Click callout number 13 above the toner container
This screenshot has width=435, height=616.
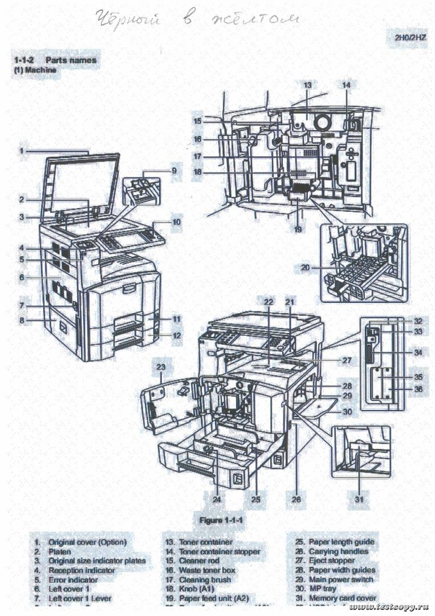(307, 85)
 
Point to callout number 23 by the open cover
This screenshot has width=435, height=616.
(161, 367)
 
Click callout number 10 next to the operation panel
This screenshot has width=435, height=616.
(177, 221)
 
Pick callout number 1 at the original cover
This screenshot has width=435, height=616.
(21, 151)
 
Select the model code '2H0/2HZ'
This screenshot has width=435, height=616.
(410, 38)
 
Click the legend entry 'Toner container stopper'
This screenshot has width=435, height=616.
(219, 552)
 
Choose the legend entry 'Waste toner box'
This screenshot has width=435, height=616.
(207, 570)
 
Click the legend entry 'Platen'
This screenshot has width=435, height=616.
(60, 552)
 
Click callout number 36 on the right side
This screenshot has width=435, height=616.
(418, 389)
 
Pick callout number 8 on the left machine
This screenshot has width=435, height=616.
(22, 321)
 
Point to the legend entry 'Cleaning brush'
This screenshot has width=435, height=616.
(206, 579)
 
